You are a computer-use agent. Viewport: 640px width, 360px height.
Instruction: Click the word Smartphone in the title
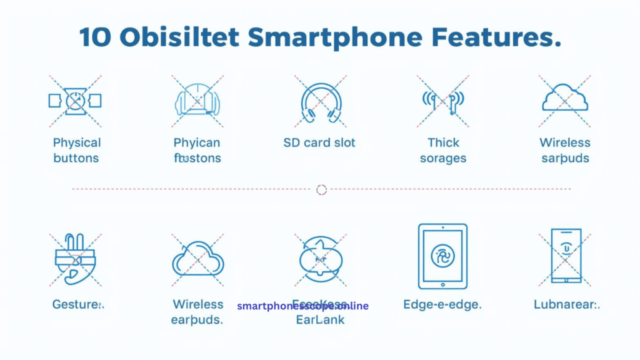pos(334,37)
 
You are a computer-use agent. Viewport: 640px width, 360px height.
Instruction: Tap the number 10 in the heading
pos(95,37)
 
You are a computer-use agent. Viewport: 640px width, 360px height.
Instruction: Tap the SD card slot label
pos(319,142)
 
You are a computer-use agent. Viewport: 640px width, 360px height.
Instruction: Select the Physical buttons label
pos(76,151)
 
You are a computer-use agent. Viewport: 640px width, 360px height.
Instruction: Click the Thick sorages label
pos(443,151)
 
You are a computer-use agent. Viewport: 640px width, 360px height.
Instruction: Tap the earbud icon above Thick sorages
pos(443,100)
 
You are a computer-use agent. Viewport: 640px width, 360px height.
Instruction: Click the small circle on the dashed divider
pos(321,189)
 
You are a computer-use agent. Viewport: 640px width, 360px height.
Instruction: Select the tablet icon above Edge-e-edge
pos(442,256)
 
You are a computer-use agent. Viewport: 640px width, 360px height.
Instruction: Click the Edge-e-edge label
pos(442,305)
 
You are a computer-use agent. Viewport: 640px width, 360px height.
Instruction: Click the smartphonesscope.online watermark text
pos(302,306)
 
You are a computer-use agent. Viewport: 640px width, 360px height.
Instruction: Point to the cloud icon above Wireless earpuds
pos(198,259)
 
